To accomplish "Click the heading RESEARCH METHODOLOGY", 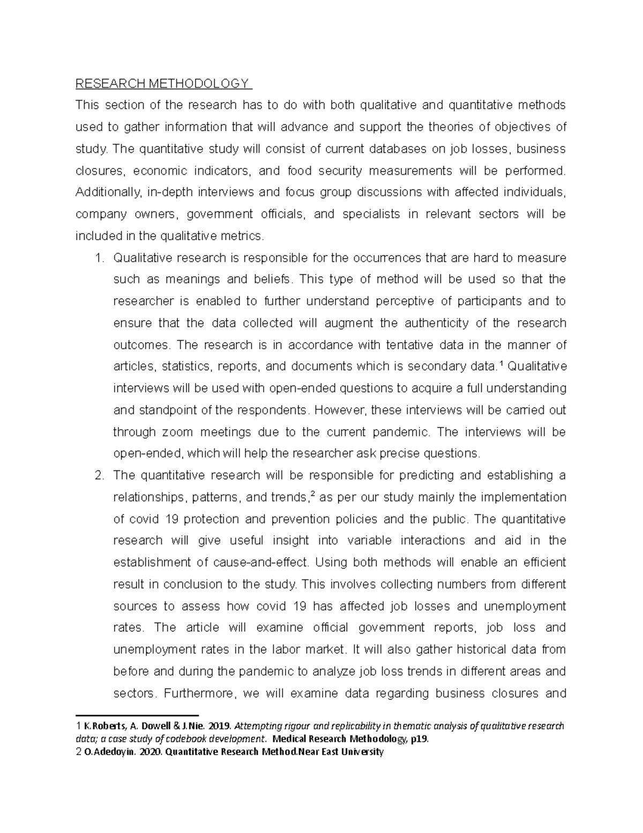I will coord(162,84).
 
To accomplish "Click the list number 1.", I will coord(98,258).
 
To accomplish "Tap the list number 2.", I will coord(98,475).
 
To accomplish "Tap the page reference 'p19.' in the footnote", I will coord(420,739).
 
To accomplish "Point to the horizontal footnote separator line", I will coord(137,715).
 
